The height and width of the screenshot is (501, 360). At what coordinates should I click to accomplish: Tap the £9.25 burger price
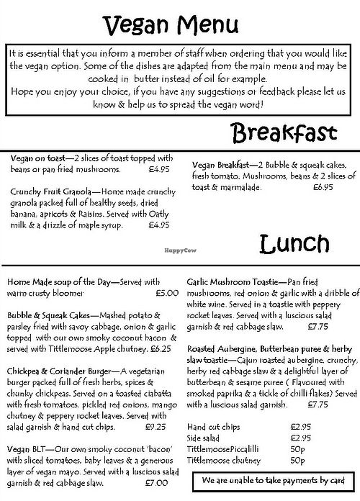[x=156, y=425]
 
